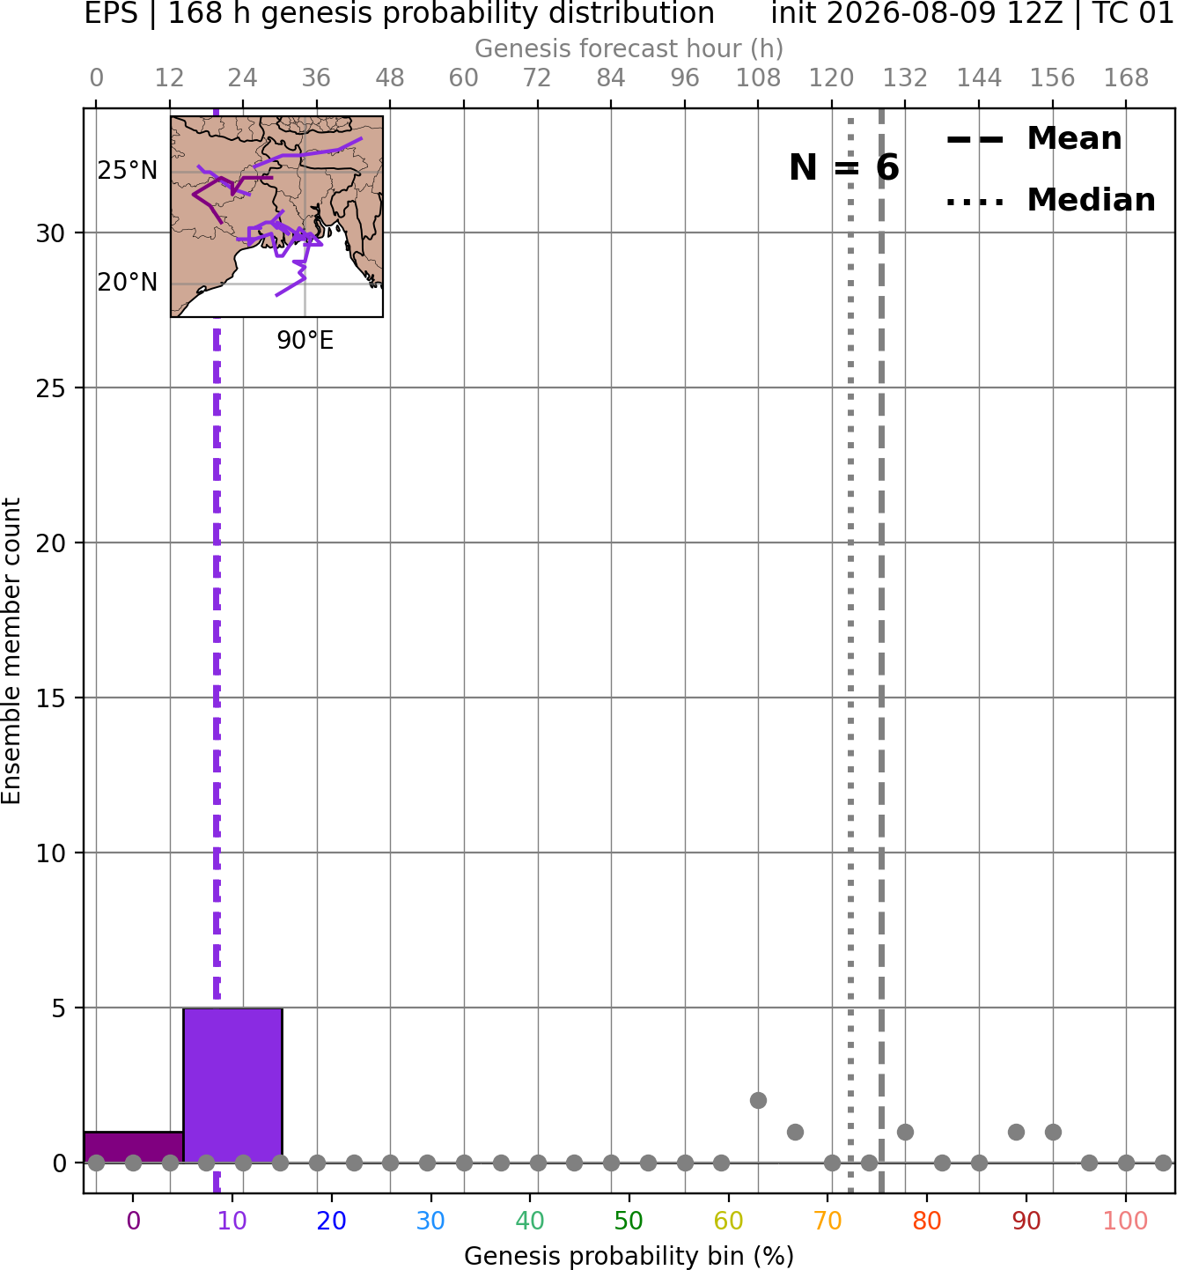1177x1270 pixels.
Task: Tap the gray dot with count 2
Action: point(758,1101)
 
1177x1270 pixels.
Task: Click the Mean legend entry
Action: point(1034,139)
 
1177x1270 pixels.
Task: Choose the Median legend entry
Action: point(1051,200)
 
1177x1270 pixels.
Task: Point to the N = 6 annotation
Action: point(844,167)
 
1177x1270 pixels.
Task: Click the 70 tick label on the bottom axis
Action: point(828,1222)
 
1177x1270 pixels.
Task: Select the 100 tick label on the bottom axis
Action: point(1126,1222)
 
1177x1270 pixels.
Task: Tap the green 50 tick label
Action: point(629,1222)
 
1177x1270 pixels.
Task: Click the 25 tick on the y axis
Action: point(50,388)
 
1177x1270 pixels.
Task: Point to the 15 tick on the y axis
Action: point(50,698)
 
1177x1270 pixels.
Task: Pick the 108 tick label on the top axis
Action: point(758,78)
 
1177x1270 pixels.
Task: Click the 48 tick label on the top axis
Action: point(390,78)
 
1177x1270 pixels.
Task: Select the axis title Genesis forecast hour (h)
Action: point(629,48)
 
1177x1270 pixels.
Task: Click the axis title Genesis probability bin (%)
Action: point(629,1256)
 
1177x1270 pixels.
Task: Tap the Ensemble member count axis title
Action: point(11,651)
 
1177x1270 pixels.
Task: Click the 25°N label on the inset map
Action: point(128,171)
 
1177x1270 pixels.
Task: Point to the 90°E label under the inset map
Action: point(305,340)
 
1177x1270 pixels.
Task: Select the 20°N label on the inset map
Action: point(128,282)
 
